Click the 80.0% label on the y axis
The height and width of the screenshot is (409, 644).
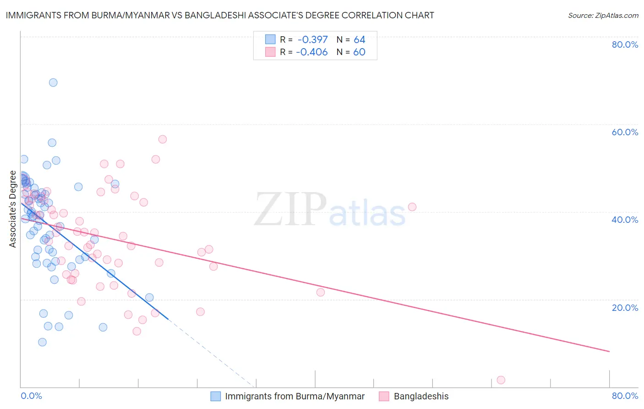625,44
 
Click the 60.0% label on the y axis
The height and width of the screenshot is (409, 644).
625,132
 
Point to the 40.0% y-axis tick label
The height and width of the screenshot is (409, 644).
625,220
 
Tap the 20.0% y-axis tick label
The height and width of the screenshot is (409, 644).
625,308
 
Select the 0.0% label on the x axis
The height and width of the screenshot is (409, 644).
31,396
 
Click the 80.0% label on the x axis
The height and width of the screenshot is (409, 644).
625,396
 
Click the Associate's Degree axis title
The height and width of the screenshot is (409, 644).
13,209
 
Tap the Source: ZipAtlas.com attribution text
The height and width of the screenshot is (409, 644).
603,16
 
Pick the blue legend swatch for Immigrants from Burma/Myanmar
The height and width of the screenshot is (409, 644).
216,397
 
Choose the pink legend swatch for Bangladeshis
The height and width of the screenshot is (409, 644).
384,397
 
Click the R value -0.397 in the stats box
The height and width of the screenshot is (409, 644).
312,40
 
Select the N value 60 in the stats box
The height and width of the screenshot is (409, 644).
359,52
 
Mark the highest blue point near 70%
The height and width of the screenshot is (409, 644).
53,83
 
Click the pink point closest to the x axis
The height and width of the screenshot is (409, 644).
501,380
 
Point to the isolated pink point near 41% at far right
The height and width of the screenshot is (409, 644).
412,207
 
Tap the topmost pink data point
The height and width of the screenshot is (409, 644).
162,139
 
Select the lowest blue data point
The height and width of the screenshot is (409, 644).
42,342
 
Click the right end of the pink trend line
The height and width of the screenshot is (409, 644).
609,351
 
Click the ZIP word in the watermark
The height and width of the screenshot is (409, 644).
290,210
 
